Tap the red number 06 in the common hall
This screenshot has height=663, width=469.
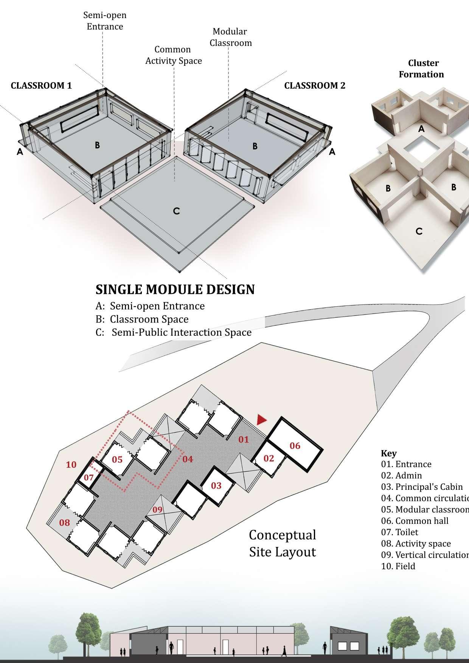(x=295, y=446)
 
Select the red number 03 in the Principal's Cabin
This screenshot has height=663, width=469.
(x=216, y=485)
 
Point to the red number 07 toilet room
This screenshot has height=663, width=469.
(x=89, y=478)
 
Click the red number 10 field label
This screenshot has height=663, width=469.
(x=71, y=464)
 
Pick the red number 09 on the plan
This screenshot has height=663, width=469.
(x=157, y=509)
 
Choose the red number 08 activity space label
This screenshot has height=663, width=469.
(x=65, y=523)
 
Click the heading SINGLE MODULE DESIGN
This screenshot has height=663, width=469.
(x=175, y=289)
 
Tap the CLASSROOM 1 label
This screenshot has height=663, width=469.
(x=41, y=85)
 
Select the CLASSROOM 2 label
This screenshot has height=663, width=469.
(x=315, y=85)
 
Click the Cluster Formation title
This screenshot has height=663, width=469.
(x=422, y=68)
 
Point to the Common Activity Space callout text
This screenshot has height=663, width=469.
(x=174, y=55)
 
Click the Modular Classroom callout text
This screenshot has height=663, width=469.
(x=231, y=37)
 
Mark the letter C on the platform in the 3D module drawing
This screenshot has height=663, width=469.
(x=176, y=211)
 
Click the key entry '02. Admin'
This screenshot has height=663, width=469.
(x=401, y=475)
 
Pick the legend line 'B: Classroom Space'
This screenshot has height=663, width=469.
(x=142, y=319)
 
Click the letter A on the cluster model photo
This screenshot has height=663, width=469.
(x=421, y=129)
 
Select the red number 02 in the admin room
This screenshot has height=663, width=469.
(x=269, y=458)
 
